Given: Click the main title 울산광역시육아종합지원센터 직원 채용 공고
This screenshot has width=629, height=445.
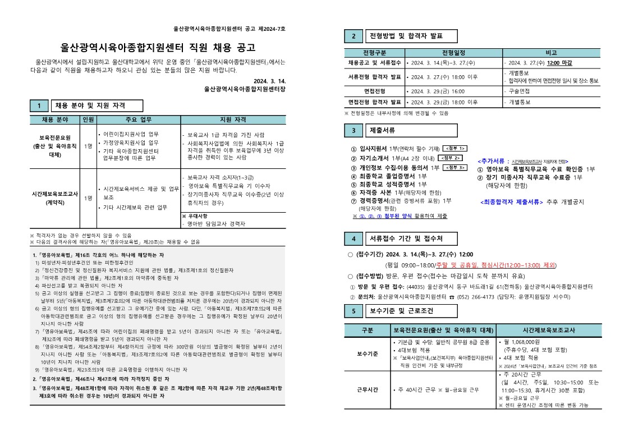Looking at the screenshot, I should [x=158, y=47].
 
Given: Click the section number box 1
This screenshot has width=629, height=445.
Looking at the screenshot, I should [x=39, y=106].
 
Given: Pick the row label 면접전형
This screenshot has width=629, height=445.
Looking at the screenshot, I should [x=375, y=91].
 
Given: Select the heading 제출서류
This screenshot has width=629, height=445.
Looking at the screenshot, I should [x=382, y=131].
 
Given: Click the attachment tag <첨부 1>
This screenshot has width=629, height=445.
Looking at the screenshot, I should [x=455, y=148].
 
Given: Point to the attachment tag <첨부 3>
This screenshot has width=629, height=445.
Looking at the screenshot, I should [x=455, y=167].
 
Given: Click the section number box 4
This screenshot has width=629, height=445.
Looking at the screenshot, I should [x=353, y=239].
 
